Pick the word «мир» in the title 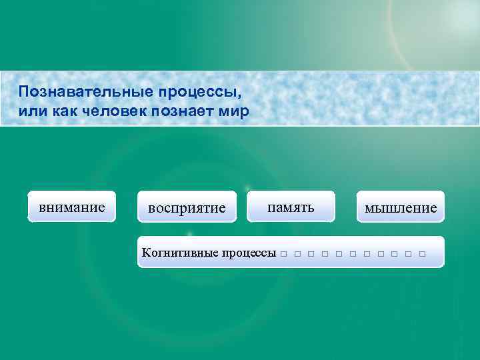click(x=237, y=111)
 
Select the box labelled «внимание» click(x=72, y=207)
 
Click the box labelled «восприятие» click(x=187, y=208)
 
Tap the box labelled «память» click(x=291, y=207)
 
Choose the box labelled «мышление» click(x=401, y=208)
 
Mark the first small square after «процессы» click(x=284, y=254)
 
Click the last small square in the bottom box click(x=422, y=254)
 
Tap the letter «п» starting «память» click(x=271, y=207)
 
